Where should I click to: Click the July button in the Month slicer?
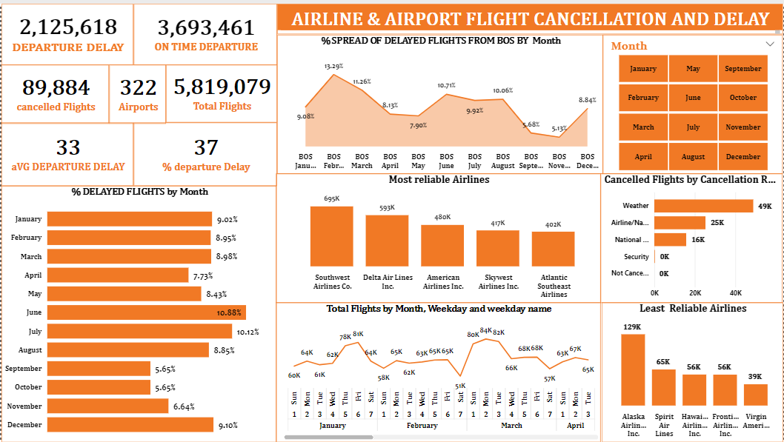693,127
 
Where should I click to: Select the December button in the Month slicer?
743,156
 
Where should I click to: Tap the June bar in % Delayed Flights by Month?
146,312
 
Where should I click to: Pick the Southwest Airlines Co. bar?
331,236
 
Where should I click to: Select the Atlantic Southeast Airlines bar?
553,249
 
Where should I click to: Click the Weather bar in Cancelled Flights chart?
702,206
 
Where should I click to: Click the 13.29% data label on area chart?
333,67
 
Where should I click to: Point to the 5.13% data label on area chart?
559,128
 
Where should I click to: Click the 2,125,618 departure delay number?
68,27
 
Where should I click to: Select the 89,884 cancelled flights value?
56,88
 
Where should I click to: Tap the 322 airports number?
139,88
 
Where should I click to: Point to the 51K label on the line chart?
460,386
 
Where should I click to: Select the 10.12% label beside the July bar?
248,332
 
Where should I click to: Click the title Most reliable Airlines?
439,179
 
